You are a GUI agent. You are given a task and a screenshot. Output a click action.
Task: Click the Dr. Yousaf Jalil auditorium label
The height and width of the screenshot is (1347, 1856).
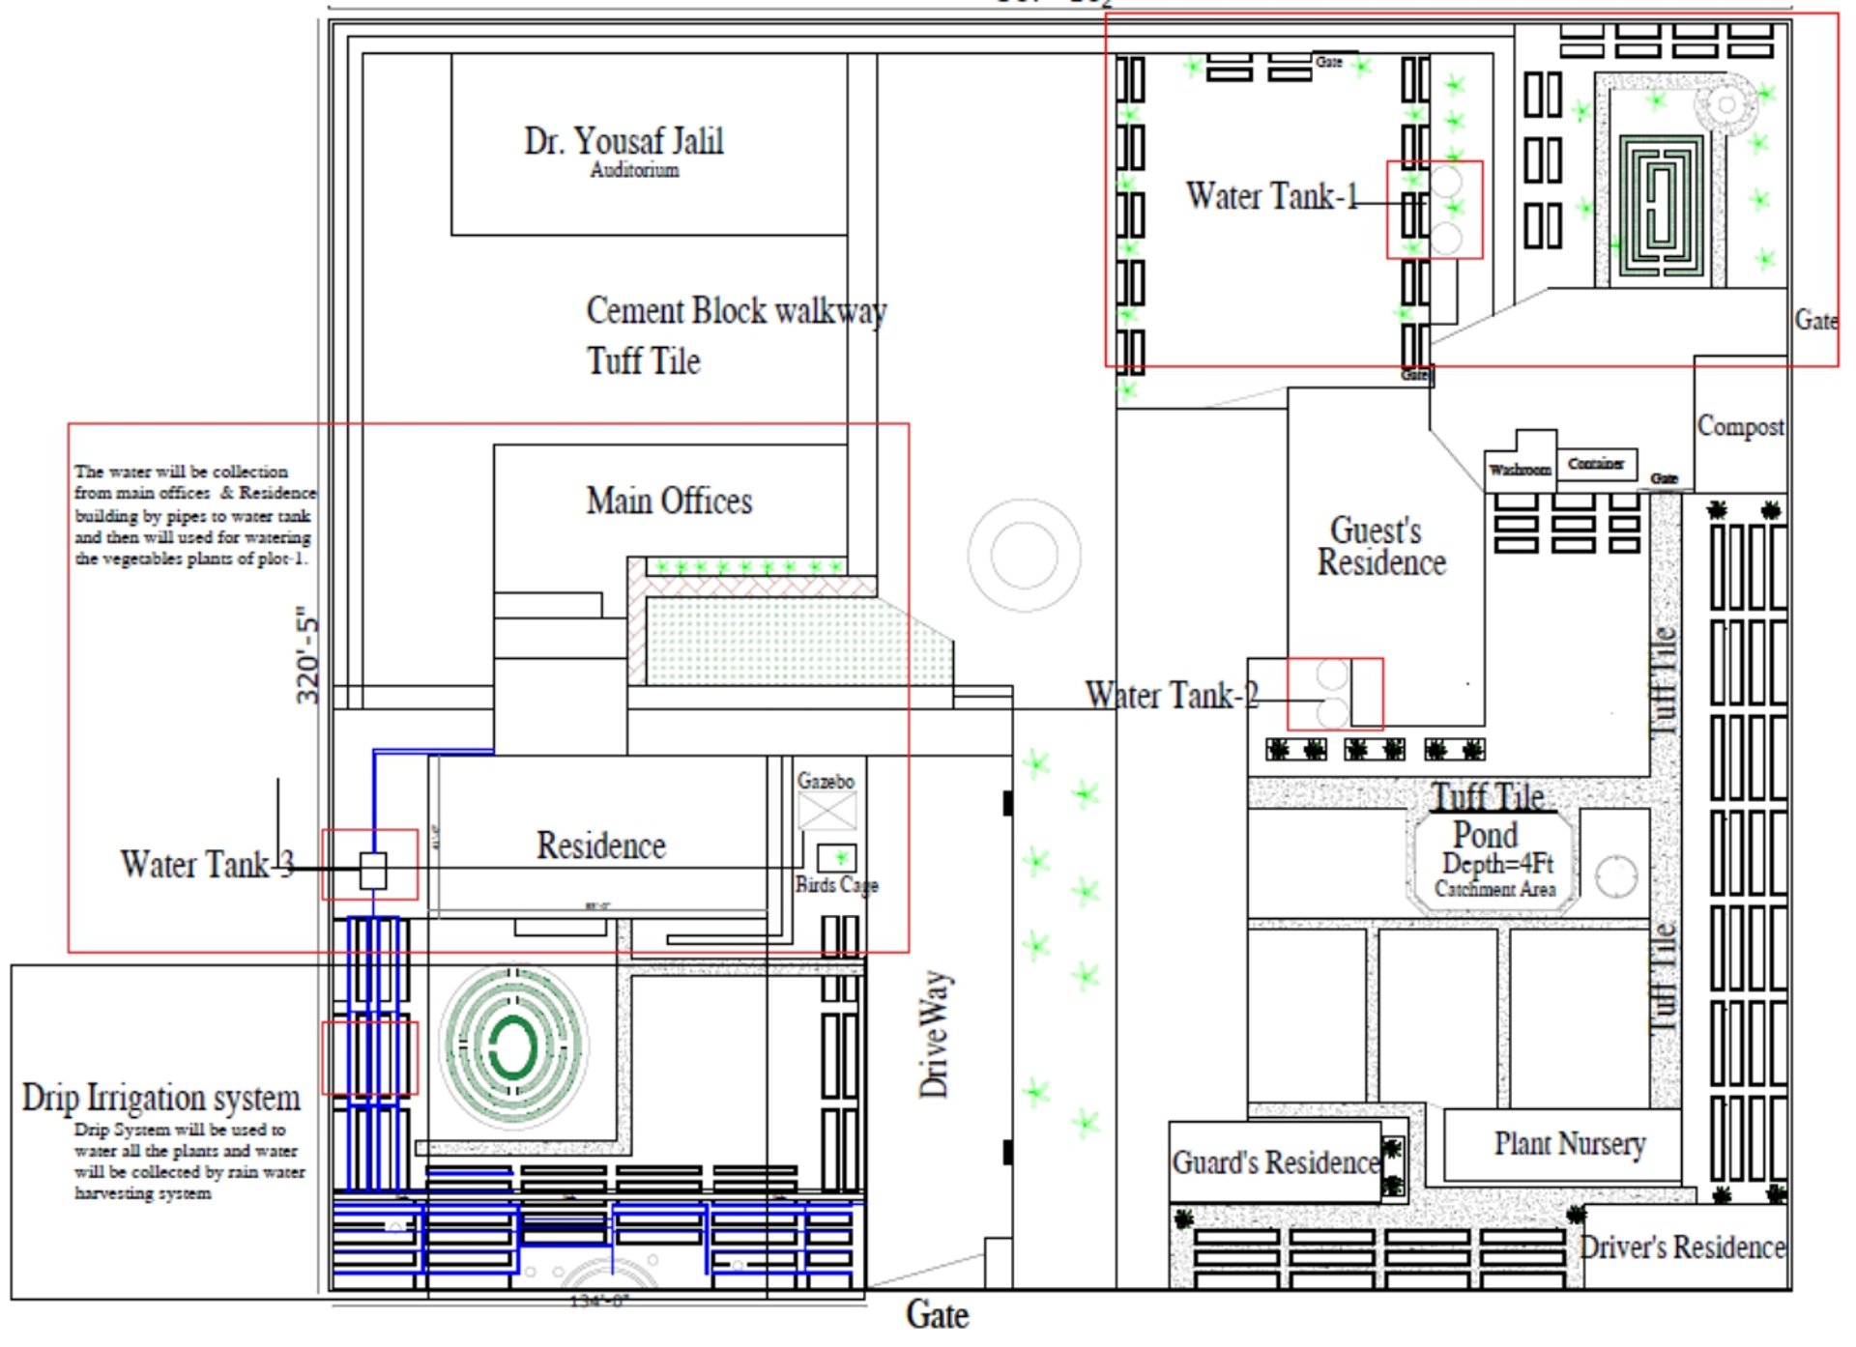(x=623, y=142)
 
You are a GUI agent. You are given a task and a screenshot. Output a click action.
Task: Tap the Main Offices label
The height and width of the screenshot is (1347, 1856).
(x=669, y=501)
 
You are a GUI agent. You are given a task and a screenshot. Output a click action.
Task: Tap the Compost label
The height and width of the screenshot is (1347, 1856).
(x=1740, y=426)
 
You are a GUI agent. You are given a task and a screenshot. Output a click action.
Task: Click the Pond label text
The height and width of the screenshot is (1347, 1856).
(x=1485, y=834)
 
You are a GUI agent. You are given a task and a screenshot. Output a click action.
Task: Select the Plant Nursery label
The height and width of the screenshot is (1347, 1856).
(x=1569, y=1143)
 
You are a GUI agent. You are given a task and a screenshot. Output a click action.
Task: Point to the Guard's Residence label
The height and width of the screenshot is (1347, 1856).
(x=1275, y=1161)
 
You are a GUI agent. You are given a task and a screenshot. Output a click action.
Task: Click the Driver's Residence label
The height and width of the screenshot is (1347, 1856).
(x=1682, y=1247)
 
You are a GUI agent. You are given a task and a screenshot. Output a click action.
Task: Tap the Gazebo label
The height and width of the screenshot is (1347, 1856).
(x=826, y=780)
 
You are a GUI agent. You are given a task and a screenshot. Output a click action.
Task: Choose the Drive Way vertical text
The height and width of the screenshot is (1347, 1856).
(x=934, y=1034)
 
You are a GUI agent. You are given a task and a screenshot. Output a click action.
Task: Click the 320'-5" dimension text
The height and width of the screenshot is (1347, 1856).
(x=307, y=655)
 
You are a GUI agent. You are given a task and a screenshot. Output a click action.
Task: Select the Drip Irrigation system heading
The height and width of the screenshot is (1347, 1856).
(x=161, y=1098)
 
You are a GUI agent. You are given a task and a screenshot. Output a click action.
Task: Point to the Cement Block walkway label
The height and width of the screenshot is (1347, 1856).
(x=736, y=311)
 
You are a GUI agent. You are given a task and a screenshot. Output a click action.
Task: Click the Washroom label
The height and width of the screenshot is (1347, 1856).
(x=1520, y=470)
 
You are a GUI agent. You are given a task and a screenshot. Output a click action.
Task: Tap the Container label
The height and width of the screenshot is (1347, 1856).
(x=1595, y=464)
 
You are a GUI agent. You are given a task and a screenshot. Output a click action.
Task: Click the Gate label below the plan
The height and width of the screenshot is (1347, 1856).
(x=937, y=1315)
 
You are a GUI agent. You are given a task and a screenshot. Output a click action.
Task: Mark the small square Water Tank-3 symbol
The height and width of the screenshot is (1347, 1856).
(x=373, y=870)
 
